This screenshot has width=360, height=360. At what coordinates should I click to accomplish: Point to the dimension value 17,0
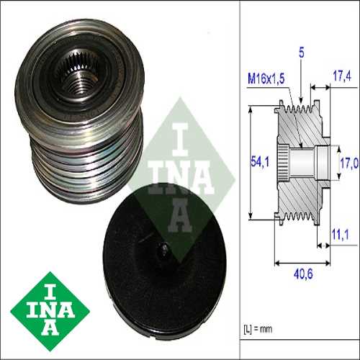click(348, 163)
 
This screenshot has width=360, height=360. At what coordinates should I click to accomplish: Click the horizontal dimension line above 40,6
click(302, 261)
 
